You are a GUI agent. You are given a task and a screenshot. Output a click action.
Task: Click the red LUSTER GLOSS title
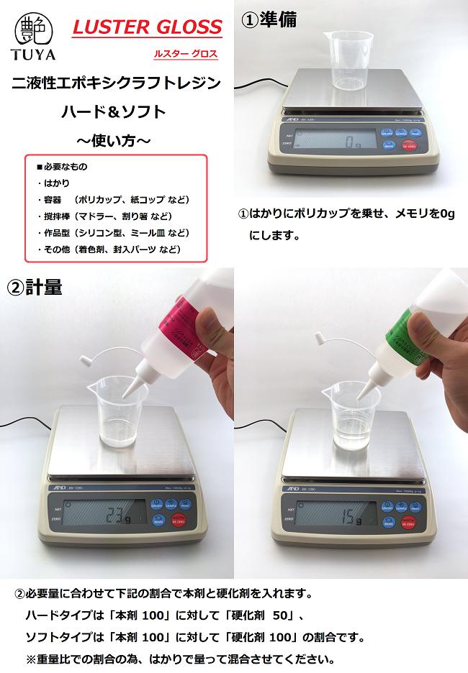point(147,28)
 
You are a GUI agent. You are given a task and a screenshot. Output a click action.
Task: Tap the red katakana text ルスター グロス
point(184,54)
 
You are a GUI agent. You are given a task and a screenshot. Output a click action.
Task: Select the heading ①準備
point(268,19)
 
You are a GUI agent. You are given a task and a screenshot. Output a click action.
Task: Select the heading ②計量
point(35,287)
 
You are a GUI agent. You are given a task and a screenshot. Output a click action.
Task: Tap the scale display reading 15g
point(338,515)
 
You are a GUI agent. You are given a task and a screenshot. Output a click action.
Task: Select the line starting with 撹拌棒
point(104,216)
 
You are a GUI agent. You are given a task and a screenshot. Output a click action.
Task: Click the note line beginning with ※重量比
point(180,659)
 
